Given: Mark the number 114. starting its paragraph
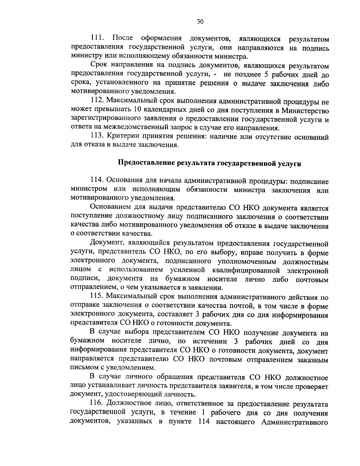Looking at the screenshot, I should tap(97, 181).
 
